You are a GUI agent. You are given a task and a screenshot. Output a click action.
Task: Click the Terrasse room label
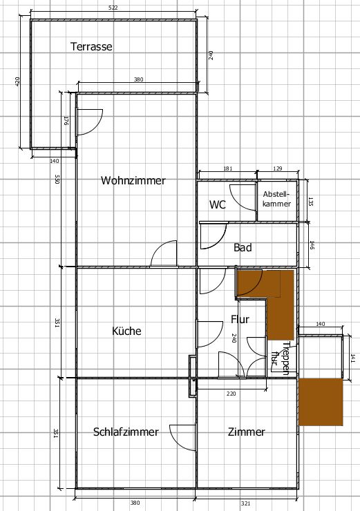(91, 46)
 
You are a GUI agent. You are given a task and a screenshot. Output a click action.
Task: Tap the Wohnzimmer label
(133, 180)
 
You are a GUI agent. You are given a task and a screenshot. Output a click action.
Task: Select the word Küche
(126, 331)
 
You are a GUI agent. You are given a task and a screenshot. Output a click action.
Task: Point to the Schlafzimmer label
(126, 432)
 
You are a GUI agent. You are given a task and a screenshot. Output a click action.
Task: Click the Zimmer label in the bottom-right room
(246, 432)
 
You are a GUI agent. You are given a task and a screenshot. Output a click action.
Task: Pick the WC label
(218, 204)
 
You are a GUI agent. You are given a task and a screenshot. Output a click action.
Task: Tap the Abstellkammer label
(276, 199)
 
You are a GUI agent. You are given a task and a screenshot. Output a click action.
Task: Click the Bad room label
(243, 247)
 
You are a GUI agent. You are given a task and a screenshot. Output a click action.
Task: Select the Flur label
(240, 319)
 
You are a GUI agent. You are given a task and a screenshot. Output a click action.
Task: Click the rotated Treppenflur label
(281, 358)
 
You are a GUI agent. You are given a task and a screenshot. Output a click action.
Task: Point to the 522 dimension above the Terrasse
(113, 8)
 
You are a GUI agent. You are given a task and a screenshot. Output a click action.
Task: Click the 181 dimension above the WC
(227, 168)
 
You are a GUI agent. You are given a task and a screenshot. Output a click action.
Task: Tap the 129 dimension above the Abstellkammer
(278, 168)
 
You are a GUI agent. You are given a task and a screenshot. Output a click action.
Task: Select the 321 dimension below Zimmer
(246, 503)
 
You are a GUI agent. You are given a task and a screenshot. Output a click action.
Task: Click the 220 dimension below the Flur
(231, 394)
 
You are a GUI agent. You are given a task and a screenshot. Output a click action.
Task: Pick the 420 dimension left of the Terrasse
(17, 81)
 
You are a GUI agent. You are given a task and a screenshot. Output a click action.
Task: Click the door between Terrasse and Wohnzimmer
(90, 122)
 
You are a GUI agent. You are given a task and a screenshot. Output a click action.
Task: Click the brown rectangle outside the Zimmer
(321, 401)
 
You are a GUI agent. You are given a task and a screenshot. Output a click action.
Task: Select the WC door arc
(243, 197)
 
